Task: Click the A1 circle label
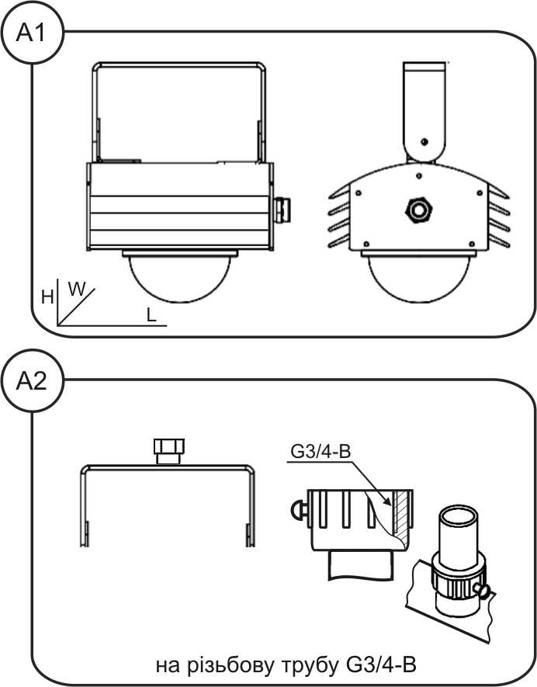tap(32, 33)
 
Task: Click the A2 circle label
tap(32, 380)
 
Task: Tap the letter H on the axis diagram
tap(47, 298)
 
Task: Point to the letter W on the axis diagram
tap(77, 290)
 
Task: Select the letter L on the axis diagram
tap(151, 314)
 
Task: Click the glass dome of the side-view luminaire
tap(179, 279)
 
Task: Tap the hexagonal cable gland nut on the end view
tap(419, 210)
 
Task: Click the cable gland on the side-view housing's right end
tap(282, 210)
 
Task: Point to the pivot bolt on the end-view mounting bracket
tap(424, 141)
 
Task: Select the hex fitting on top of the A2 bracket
tap(168, 451)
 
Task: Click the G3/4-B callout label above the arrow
tap(320, 451)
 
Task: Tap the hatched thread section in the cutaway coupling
tap(400, 512)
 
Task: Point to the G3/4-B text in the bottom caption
tap(381, 665)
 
